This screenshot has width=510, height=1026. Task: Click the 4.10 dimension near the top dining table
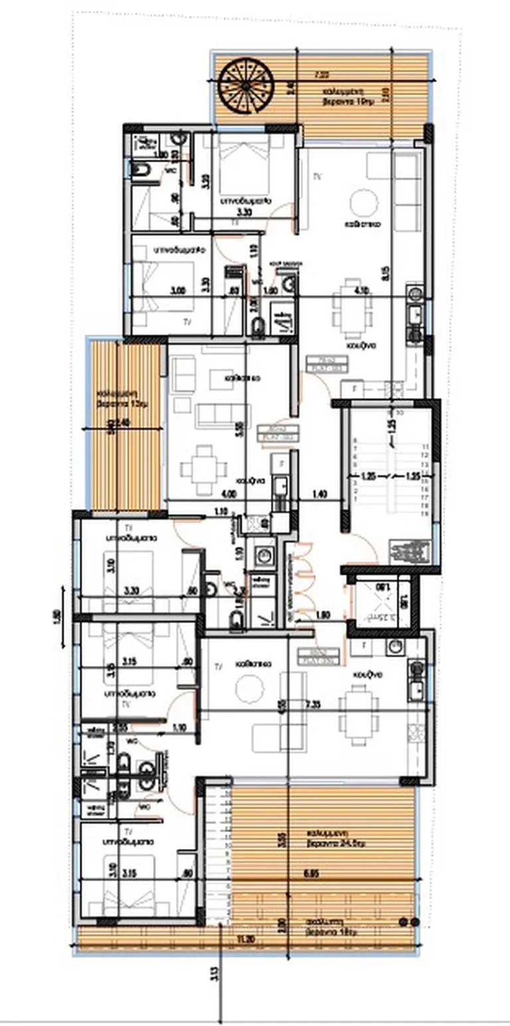point(363,291)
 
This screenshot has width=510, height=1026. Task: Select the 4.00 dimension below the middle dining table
point(228,494)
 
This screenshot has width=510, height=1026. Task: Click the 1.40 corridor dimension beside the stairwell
point(320,494)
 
